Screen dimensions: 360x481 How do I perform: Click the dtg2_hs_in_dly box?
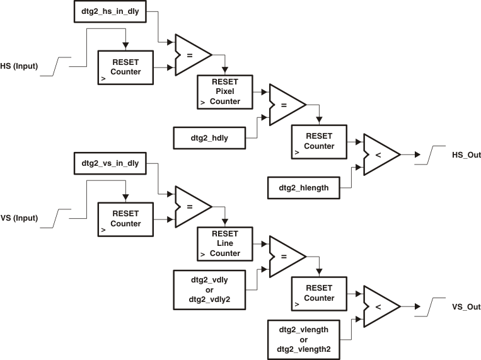pyautogui.click(x=111, y=11)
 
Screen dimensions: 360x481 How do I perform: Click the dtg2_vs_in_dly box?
pyautogui.click(x=111, y=163)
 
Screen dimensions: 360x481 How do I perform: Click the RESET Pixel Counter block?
pyautogui.click(x=224, y=90)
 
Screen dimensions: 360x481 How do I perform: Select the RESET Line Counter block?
pyautogui.click(x=224, y=243)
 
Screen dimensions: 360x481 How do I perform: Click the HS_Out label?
pyautogui.click(x=466, y=154)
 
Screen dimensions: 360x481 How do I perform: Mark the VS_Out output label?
pyautogui.click(x=466, y=307)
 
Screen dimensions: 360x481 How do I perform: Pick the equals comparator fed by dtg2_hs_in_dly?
pyautogui.click(x=191, y=55)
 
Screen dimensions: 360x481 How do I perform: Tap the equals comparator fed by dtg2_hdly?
pyautogui.click(x=285, y=105)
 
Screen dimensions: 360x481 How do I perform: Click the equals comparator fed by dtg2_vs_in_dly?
pyautogui.click(x=191, y=206)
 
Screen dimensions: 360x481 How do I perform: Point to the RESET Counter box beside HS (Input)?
pyautogui.click(x=125, y=67)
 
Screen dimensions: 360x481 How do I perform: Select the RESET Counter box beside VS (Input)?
pyautogui.click(x=125, y=219)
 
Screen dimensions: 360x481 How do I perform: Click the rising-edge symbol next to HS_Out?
pyautogui.click(x=435, y=154)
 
